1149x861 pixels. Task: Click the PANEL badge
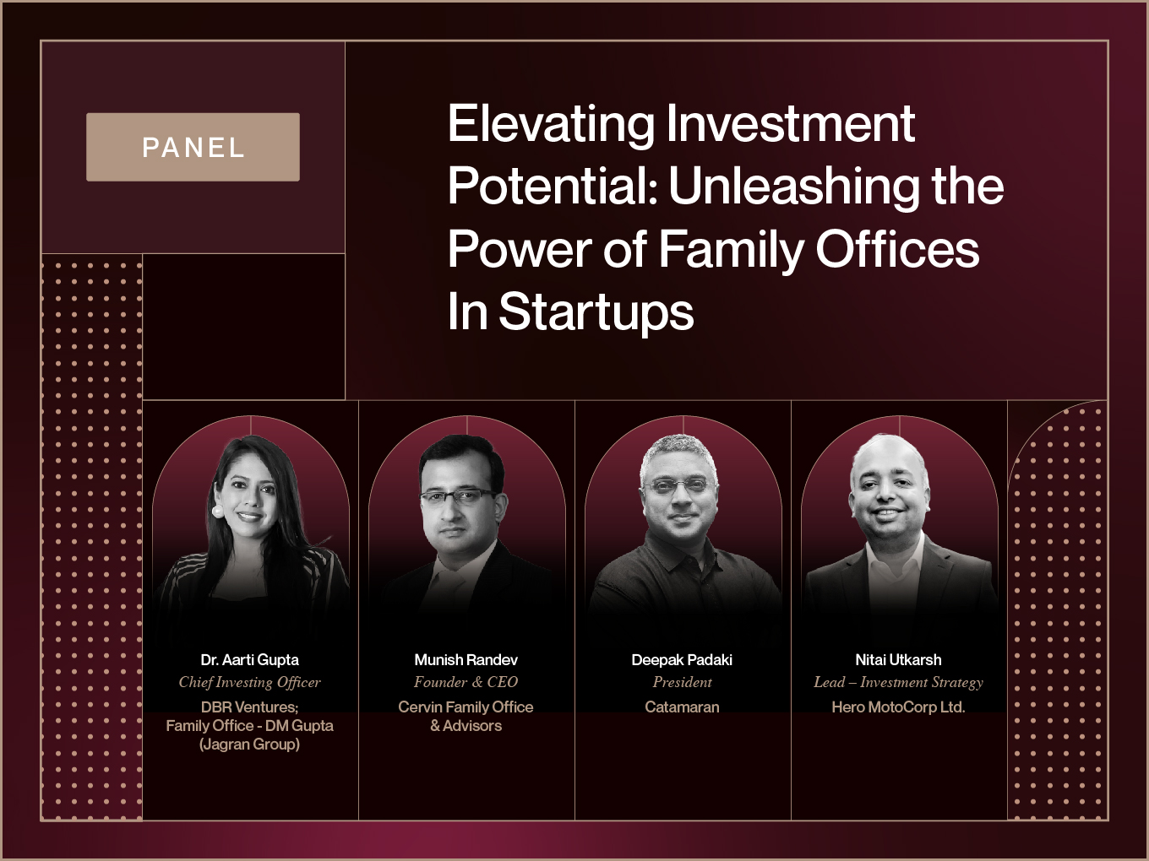coord(193,147)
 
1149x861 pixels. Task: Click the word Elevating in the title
coord(551,124)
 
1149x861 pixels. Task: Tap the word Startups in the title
coord(596,312)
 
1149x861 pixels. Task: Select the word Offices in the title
coord(897,249)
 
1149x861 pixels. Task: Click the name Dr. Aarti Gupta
coord(250,660)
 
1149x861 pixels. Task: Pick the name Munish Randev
coord(466,660)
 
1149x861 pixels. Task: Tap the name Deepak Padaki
coord(682,660)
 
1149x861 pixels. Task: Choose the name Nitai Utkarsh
coord(898,660)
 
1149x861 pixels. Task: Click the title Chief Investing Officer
coord(250,682)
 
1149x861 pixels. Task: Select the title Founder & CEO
coord(466,682)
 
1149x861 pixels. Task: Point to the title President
coord(682,682)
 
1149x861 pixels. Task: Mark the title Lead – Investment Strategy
coord(898,682)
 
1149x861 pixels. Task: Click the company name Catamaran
coord(682,707)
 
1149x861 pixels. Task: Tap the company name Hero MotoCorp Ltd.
coord(898,707)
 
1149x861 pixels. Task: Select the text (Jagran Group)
coord(250,744)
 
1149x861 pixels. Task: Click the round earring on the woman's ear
coord(217,510)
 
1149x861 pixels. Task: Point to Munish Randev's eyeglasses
coord(459,496)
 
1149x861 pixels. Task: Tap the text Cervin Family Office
coord(466,707)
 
